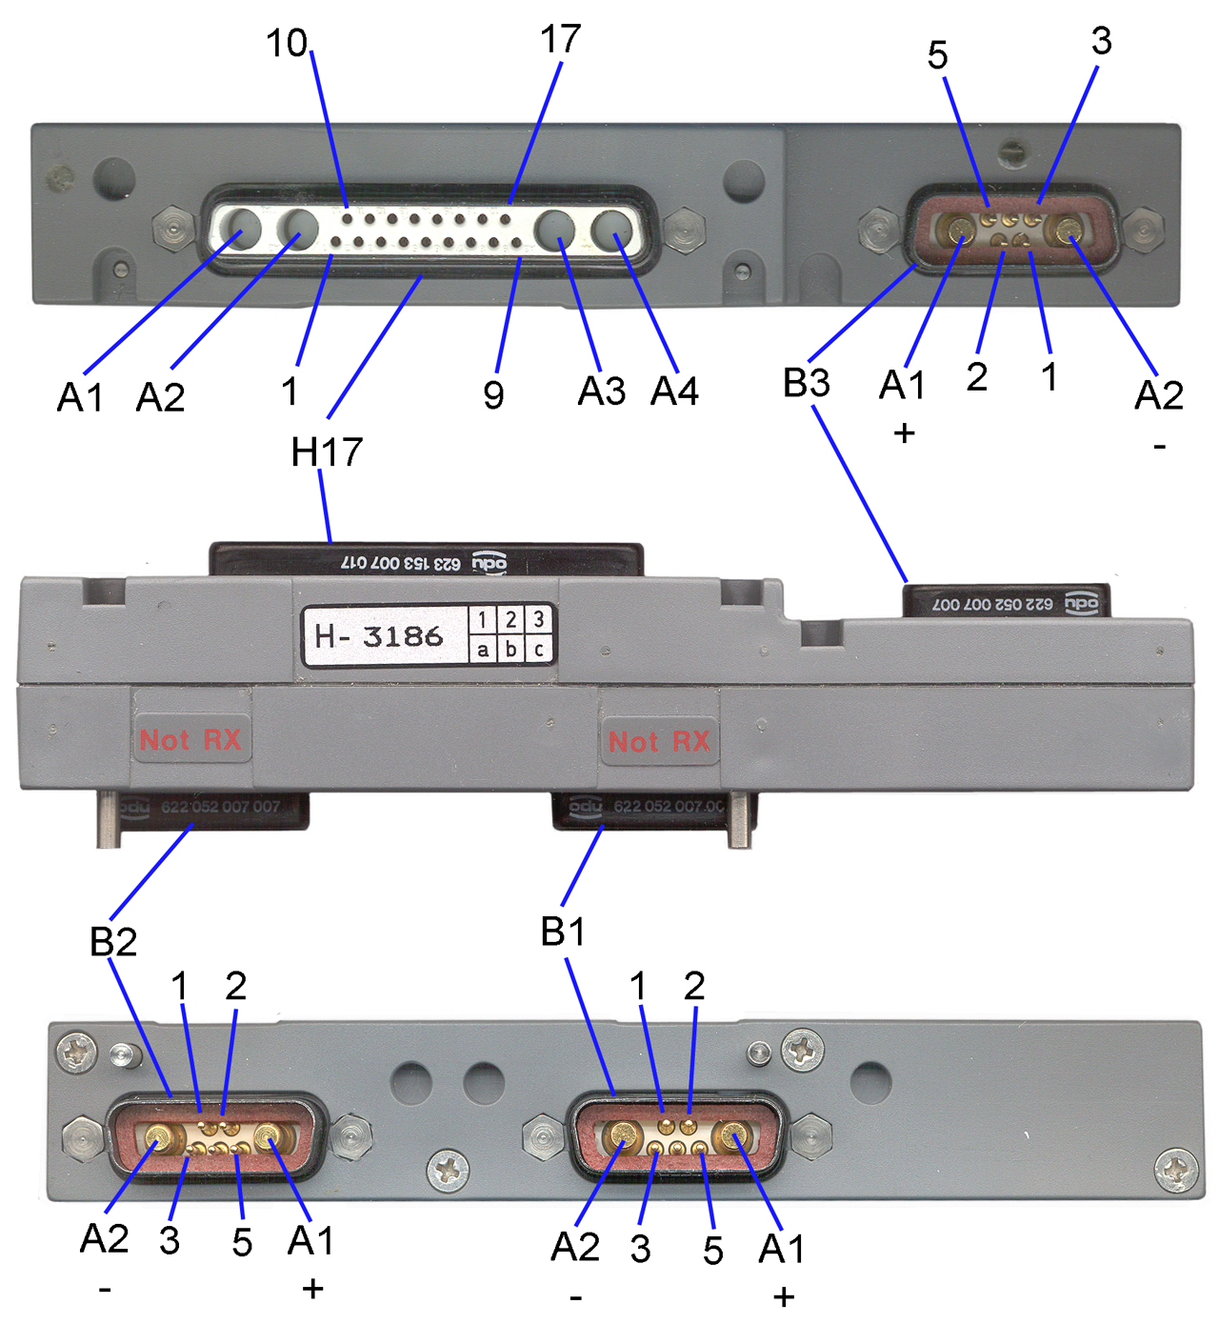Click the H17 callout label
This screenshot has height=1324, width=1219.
click(327, 451)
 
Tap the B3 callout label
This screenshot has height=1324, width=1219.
click(806, 383)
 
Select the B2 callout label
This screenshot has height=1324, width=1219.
click(113, 941)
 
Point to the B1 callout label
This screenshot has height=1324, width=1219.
click(563, 932)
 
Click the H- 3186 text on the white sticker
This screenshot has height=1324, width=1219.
click(379, 636)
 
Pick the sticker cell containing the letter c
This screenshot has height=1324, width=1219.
click(539, 650)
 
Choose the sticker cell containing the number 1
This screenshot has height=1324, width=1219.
click(483, 620)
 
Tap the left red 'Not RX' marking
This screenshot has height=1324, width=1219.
click(190, 740)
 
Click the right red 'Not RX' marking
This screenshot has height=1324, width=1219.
click(659, 742)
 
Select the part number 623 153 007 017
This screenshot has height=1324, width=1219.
click(401, 564)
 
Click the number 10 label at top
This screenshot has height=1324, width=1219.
click(287, 43)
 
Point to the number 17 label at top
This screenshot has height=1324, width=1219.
click(559, 39)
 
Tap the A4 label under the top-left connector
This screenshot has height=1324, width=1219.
click(674, 391)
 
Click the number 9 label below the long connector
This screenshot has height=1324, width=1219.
click(493, 394)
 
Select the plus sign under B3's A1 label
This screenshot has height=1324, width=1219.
click(904, 433)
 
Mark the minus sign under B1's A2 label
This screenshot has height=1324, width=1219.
click(576, 1297)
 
